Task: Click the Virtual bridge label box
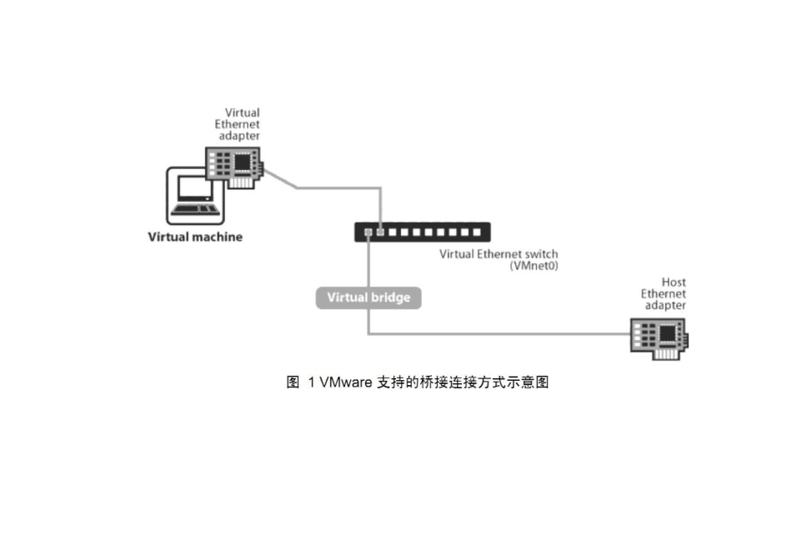point(368,297)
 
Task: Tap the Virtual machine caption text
point(195,237)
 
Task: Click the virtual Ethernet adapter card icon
point(234,165)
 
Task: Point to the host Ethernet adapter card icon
point(659,337)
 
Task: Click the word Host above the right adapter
point(674,282)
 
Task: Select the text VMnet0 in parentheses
point(534,266)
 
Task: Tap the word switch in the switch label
point(541,254)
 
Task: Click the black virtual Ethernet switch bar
point(422,232)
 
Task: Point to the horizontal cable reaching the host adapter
point(500,334)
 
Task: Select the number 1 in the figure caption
point(311,382)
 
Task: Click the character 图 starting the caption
point(293,382)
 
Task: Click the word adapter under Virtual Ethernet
point(239,135)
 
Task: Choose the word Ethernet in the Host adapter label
point(664,294)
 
